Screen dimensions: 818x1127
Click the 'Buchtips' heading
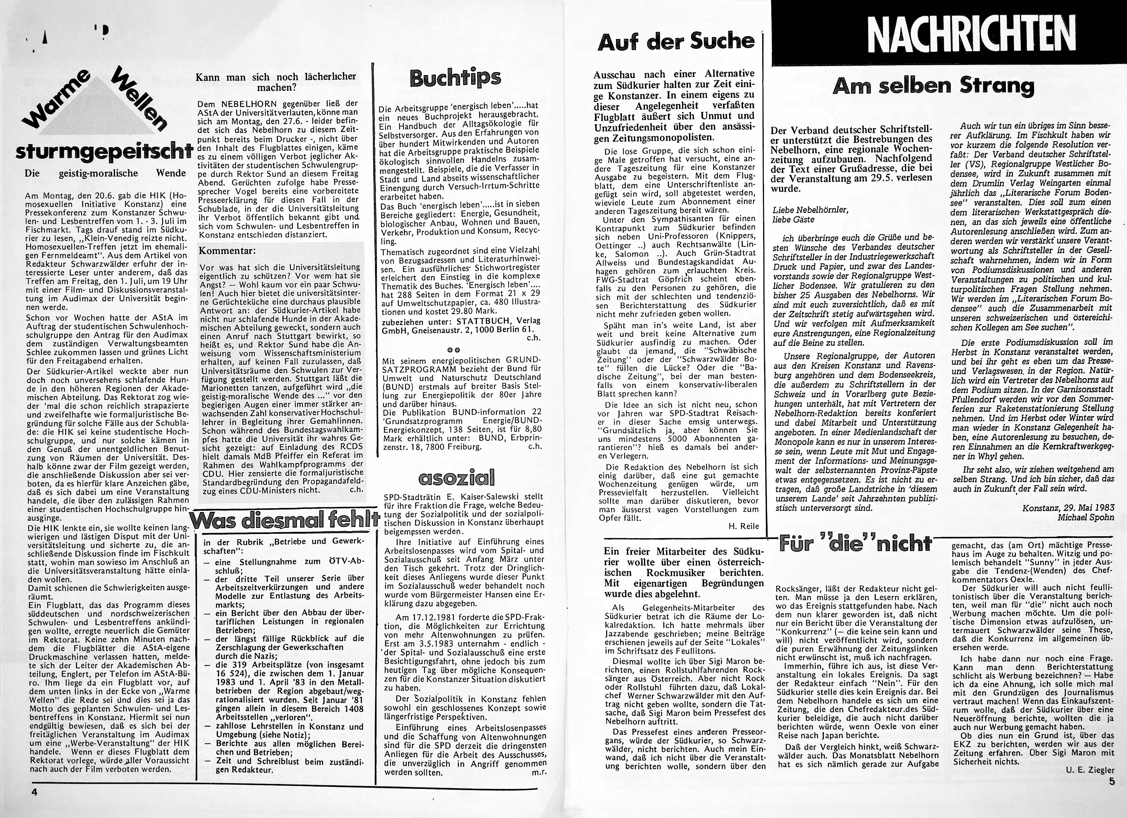click(x=455, y=78)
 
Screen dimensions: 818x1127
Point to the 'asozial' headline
click(x=457, y=477)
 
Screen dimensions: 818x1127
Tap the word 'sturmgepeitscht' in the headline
click(x=104, y=152)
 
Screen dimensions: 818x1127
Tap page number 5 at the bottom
click(x=1112, y=781)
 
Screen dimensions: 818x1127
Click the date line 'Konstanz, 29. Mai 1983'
click(x=1068, y=508)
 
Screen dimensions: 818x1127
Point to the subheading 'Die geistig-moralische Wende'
click(x=105, y=173)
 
